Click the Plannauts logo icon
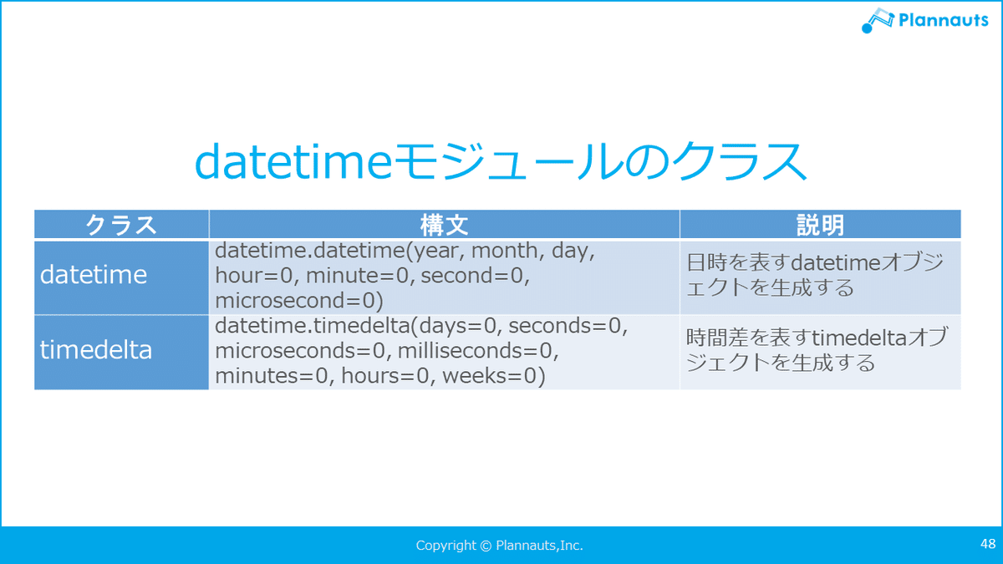tap(878, 20)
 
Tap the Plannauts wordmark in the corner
tap(943, 20)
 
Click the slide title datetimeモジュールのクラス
tap(501, 161)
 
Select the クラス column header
tap(121, 224)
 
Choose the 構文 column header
tap(444, 224)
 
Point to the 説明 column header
tap(820, 224)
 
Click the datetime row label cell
tap(121, 277)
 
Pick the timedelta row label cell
tap(121, 353)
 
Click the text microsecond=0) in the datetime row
tap(299, 300)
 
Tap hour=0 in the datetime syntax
tap(253, 275)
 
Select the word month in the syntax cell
tap(504, 250)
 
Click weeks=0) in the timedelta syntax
tap(494, 375)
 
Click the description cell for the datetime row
tap(820, 277)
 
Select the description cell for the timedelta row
tap(820, 353)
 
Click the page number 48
tap(988, 543)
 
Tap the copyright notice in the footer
tap(499, 545)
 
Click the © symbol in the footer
tap(486, 546)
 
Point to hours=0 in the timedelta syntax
tap(385, 375)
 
